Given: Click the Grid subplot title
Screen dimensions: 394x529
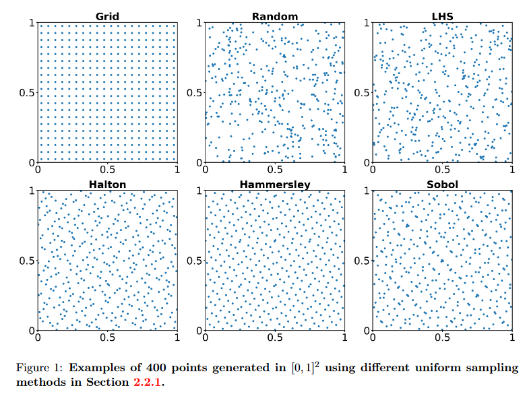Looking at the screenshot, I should pos(107,15).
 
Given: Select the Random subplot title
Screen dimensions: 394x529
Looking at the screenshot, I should pos(275,15).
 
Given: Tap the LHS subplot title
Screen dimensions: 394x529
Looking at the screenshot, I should pos(443,15).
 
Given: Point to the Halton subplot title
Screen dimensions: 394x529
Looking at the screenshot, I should pos(107,184).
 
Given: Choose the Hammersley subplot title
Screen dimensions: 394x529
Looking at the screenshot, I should pos(275,184).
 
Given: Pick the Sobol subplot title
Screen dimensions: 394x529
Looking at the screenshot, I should pos(443,184).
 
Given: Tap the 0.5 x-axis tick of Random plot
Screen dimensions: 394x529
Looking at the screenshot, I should pos(275,171).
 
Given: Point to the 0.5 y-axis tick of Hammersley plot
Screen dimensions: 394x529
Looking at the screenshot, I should pos(193,261).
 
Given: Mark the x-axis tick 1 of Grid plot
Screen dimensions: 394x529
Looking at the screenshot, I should pos(177,171).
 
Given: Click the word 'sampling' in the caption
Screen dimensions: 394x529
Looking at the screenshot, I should pos(496,368).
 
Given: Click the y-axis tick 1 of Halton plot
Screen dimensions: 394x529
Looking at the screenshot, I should pos(31,191).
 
